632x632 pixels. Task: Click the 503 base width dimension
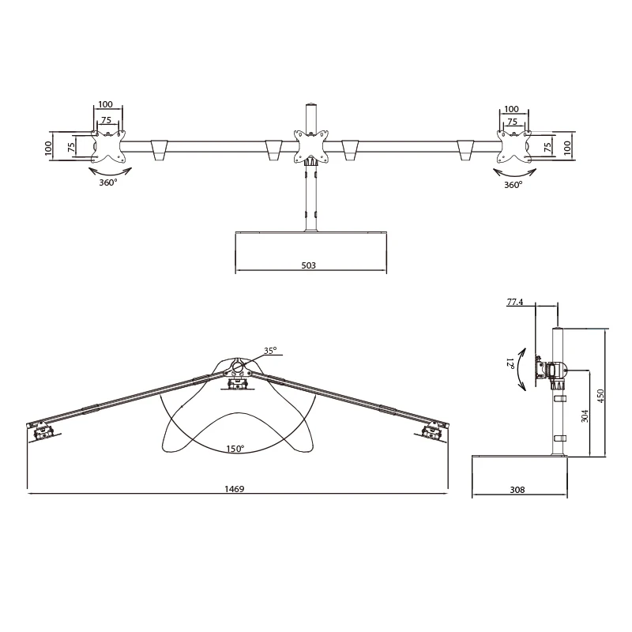point(308,265)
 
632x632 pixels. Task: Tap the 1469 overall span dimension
point(235,489)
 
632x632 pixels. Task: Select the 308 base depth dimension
point(517,490)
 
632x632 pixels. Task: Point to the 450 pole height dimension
point(600,397)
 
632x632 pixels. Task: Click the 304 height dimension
point(585,416)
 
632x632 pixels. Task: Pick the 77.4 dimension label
point(515,302)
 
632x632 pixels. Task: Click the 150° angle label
point(235,449)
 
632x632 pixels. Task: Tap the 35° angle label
point(270,351)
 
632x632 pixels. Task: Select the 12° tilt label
point(510,363)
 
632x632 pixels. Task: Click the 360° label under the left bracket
point(108,182)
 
